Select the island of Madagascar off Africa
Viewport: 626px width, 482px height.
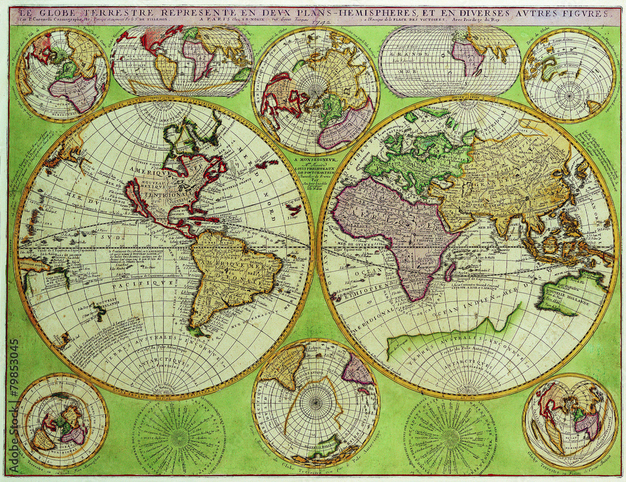[x=449, y=270]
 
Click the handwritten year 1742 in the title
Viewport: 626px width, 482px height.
[x=321, y=19]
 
